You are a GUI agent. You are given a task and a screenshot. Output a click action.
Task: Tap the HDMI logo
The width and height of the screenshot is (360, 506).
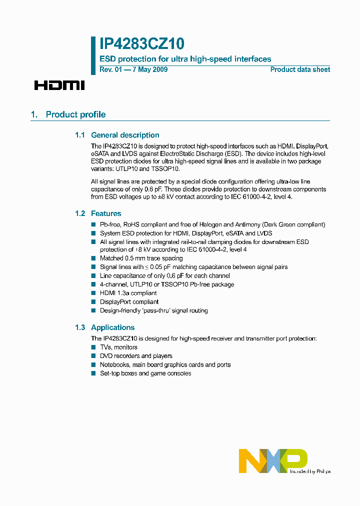pyautogui.click(x=59, y=85)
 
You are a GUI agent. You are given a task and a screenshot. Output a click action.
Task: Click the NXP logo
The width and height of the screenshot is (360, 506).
pyautogui.click(x=273, y=460)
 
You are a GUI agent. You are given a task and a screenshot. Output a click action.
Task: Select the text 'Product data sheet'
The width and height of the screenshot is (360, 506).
pyautogui.click(x=300, y=69)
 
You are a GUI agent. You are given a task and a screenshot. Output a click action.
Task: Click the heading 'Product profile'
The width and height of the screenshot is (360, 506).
pyautogui.click(x=75, y=114)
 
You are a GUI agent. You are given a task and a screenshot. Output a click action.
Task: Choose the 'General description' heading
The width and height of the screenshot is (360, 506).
pyautogui.click(x=125, y=135)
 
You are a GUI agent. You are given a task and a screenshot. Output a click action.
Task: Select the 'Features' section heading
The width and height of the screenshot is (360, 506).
pyautogui.click(x=106, y=213)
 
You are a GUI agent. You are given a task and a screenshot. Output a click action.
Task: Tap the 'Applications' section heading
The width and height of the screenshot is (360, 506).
pyautogui.click(x=112, y=327)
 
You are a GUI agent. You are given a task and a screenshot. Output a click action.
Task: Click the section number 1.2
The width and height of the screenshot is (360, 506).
pyautogui.click(x=80, y=213)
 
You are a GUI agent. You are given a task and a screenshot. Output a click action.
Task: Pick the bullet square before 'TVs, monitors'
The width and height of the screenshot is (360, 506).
pyautogui.click(x=93, y=347)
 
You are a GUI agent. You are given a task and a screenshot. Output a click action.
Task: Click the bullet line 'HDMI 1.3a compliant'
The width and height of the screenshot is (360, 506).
pyautogui.click(x=128, y=293)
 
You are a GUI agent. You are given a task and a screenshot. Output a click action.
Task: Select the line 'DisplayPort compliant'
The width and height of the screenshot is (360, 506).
pyautogui.click(x=129, y=302)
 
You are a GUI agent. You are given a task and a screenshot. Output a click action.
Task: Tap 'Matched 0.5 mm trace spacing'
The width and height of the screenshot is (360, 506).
pyautogui.click(x=141, y=258)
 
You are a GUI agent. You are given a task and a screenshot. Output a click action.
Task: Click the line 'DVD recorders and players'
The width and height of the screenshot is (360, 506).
pyautogui.click(x=136, y=356)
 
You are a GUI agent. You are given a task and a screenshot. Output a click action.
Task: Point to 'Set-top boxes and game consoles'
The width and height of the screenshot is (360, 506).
pyautogui.click(x=145, y=373)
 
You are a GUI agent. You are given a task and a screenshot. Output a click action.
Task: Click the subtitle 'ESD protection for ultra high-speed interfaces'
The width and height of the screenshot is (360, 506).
pyautogui.click(x=185, y=59)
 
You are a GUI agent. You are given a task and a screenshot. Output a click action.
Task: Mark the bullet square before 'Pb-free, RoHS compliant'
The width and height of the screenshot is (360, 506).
pyautogui.click(x=93, y=224)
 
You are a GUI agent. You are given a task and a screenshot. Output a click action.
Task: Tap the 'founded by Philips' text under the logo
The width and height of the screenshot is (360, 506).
pyautogui.click(x=309, y=471)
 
